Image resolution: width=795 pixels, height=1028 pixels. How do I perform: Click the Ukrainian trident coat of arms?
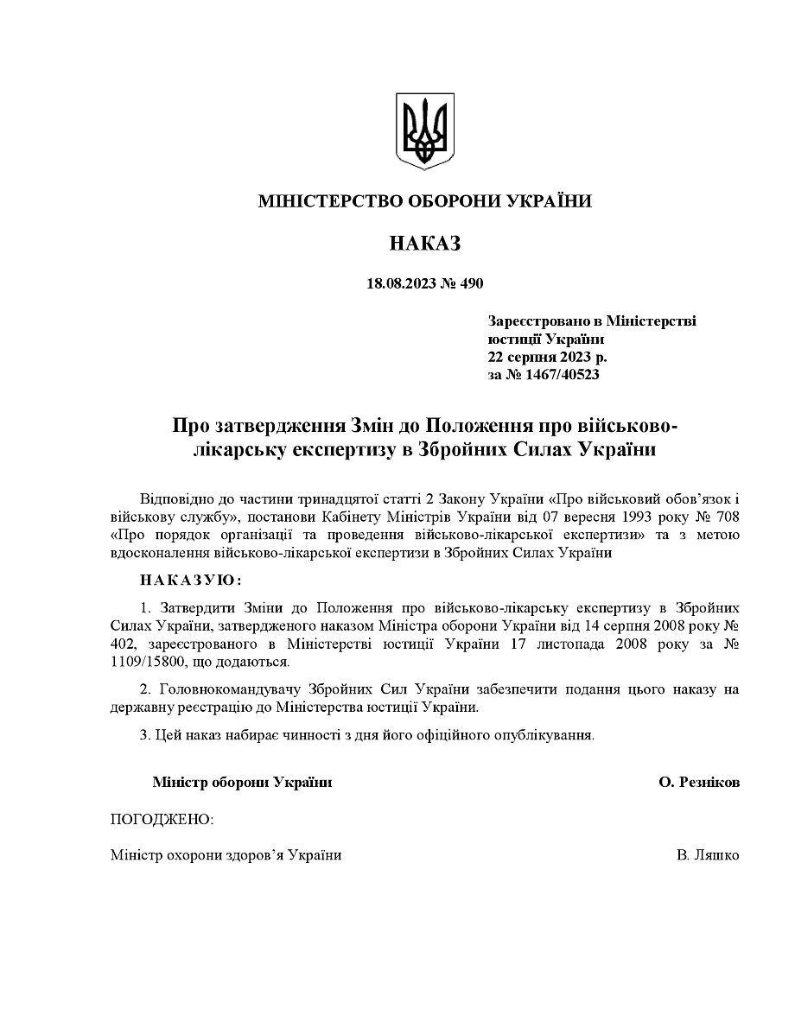tap(424, 131)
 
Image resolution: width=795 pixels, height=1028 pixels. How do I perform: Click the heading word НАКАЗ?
tap(424, 244)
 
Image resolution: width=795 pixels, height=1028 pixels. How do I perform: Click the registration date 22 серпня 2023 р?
tap(547, 356)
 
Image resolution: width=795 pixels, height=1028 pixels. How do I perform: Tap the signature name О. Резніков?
tap(698, 782)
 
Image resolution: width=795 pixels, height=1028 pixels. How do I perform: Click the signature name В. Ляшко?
tap(708, 854)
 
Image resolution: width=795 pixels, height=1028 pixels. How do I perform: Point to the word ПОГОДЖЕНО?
tap(162, 818)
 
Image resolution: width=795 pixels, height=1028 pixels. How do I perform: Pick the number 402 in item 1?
tap(124, 644)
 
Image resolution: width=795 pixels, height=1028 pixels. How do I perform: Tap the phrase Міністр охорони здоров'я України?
tap(226, 854)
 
